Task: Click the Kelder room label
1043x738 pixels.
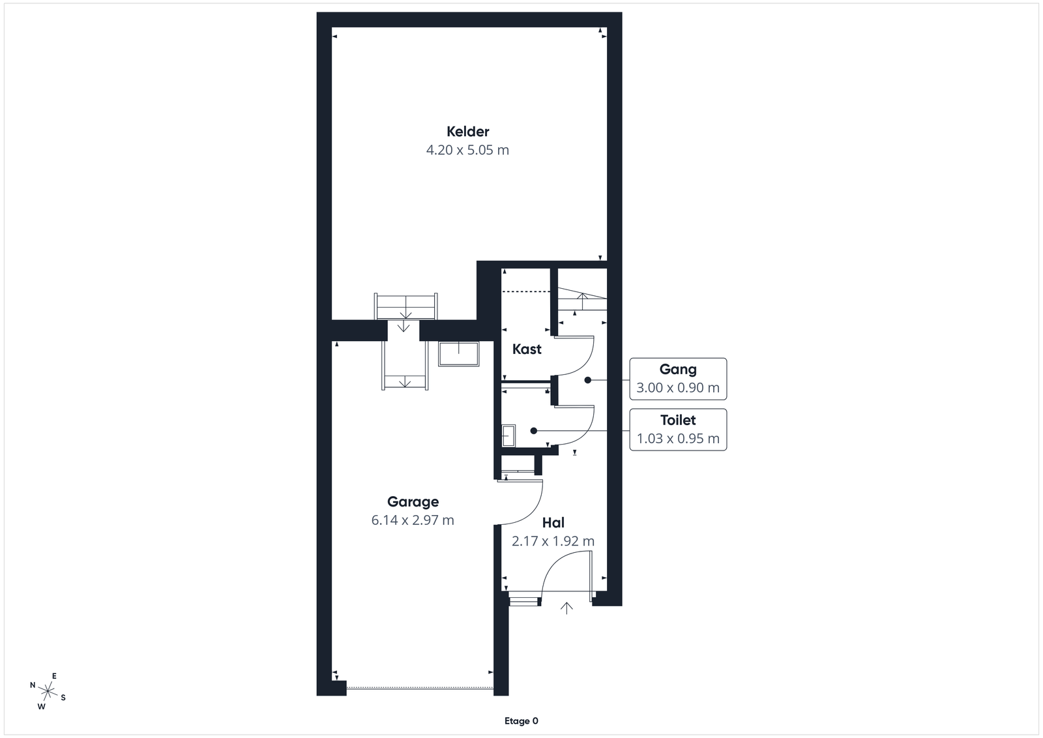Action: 467,132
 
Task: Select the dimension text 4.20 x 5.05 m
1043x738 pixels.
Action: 467,150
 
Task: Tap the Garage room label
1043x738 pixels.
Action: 413,502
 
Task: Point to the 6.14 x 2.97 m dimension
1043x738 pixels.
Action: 413,520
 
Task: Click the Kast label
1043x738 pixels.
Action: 527,349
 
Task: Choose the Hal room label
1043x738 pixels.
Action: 553,523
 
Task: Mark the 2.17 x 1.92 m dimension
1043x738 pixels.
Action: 553,541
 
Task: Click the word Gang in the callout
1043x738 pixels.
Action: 678,370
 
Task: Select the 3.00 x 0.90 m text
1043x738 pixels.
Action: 678,387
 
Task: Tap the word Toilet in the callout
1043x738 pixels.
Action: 678,420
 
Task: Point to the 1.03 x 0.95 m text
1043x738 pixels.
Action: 678,439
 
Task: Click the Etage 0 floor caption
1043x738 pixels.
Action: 521,721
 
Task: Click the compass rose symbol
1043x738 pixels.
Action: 48,691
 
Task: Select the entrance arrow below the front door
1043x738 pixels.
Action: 566,608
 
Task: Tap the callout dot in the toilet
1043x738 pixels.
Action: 534,431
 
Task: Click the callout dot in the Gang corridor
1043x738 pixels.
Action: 587,380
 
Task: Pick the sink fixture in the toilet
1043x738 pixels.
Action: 508,436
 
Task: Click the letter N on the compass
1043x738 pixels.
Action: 33,685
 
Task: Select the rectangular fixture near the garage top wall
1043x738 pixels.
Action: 459,355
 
